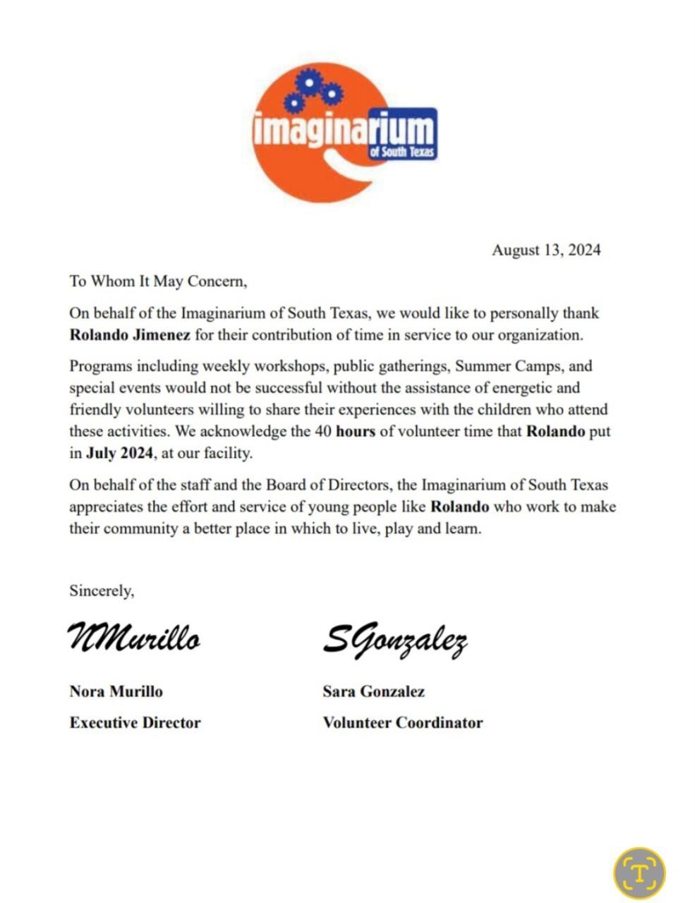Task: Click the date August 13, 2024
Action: click(545, 250)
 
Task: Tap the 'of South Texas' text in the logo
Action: click(402, 152)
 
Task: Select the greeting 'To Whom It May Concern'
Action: click(158, 281)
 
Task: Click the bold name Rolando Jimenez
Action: click(130, 334)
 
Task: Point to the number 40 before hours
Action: click(323, 431)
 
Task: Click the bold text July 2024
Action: click(119, 453)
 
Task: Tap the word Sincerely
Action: click(102, 590)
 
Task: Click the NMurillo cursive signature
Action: click(134, 638)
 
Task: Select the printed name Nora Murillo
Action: click(116, 691)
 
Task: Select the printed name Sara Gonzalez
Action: click(373, 691)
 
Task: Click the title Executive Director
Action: click(135, 722)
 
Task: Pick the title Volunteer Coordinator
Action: click(402, 722)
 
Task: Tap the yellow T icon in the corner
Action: click(639, 873)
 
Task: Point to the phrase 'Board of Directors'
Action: click(325, 485)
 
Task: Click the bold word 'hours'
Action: click(356, 431)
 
